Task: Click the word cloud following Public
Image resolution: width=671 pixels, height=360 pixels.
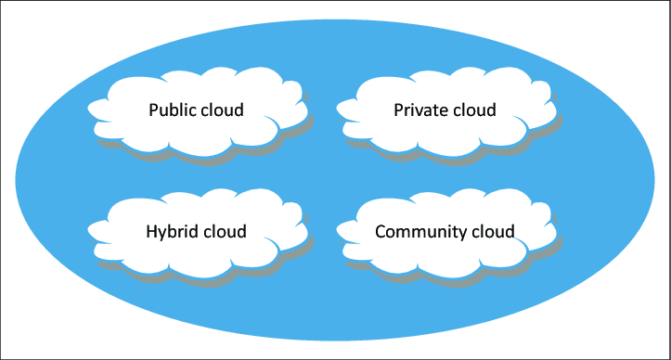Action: (222, 110)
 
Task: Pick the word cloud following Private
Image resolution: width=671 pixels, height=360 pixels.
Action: (474, 110)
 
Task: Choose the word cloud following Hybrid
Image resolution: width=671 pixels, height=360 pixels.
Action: (225, 232)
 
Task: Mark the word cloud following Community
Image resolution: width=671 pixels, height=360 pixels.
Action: (493, 232)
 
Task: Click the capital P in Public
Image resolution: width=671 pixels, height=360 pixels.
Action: (153, 110)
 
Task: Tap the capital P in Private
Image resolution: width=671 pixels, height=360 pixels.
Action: (398, 110)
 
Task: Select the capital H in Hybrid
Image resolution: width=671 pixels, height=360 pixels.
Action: (152, 232)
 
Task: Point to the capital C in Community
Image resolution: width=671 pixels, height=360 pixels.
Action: (381, 232)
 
